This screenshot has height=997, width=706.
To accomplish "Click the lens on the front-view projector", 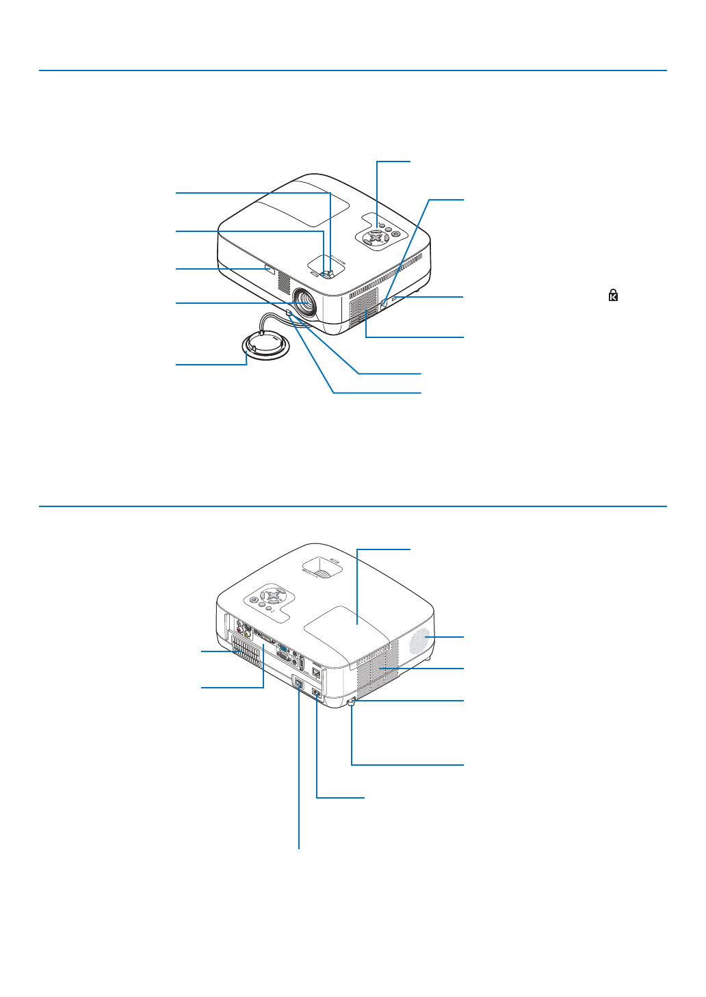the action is click(x=304, y=301).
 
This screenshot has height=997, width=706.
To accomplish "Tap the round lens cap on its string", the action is click(x=265, y=346).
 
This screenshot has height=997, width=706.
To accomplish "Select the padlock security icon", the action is click(x=614, y=296).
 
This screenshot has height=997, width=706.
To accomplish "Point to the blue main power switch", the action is click(x=298, y=683).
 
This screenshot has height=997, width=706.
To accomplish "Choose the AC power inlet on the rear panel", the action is click(x=317, y=694).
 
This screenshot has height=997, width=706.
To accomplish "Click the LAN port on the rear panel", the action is click(x=317, y=672).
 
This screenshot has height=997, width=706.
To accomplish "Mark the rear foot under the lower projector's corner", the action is click(x=352, y=703).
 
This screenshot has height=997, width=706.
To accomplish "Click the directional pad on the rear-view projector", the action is click(x=272, y=593).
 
